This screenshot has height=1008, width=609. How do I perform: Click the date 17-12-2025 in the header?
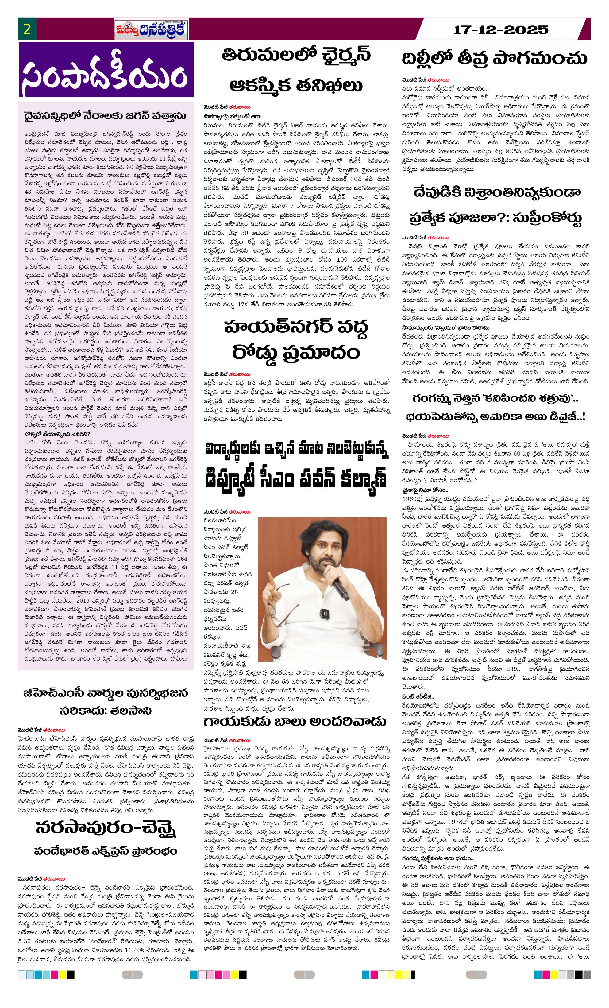point(501,29)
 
